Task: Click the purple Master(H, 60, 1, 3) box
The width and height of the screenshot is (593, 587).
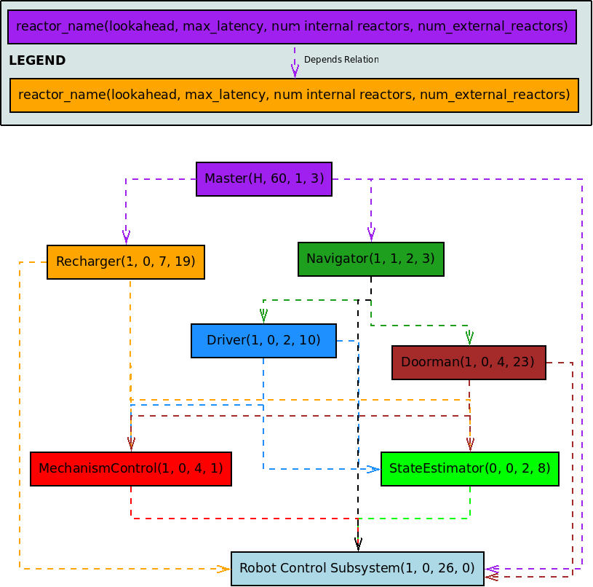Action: coord(264,179)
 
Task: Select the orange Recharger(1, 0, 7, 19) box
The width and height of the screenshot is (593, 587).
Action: coord(126,262)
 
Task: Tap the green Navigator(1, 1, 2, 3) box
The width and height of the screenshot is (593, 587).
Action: coord(371,259)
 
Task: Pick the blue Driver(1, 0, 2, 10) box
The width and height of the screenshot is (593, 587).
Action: coord(263,341)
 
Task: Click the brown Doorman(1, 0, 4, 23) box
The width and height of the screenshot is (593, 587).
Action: coord(469,363)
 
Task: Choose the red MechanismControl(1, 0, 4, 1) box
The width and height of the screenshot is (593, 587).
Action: coord(131,469)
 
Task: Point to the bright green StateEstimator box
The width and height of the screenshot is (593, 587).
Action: coord(470,469)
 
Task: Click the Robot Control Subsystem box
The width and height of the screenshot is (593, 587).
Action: coord(357,569)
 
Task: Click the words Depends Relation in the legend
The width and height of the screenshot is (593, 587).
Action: coord(341,60)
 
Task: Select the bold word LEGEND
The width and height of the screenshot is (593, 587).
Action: coord(37,61)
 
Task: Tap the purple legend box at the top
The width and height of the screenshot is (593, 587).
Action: coord(292,28)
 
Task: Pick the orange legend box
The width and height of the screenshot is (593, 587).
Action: coord(294,95)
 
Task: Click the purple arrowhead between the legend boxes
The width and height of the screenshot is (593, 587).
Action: coord(295,71)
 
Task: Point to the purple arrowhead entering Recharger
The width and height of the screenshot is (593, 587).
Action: coord(126,237)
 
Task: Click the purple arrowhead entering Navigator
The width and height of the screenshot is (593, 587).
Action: coord(371,234)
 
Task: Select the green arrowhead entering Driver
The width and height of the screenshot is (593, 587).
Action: coord(263,316)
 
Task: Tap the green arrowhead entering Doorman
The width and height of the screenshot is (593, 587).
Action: coord(469,338)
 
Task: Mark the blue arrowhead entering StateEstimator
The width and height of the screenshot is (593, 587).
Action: coord(373,469)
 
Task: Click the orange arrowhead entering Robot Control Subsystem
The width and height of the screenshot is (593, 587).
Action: coord(224,569)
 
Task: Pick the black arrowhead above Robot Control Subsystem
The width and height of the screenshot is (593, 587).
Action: coord(358,545)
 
